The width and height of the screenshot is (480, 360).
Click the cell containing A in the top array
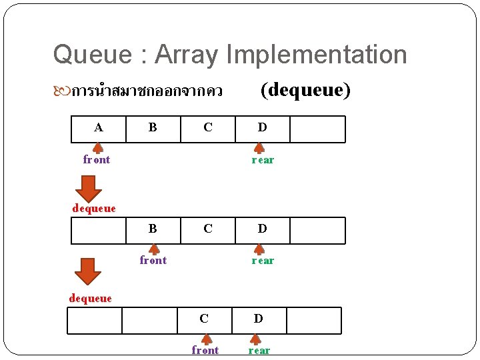tap(99, 129)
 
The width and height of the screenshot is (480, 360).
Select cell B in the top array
tap(153, 129)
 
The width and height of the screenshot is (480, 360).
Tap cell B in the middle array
tap(153, 230)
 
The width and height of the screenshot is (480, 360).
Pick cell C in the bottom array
tap(204, 320)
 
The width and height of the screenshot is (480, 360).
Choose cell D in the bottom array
tap(259, 320)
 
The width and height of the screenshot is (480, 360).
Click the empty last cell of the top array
tap(317, 129)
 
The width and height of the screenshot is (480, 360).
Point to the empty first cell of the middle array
tap(99, 230)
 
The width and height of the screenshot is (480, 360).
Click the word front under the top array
tap(97, 160)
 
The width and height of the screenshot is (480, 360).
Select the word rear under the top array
tap(263, 160)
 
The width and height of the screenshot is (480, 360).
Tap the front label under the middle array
tap(153, 261)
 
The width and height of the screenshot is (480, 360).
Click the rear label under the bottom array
tap(259, 351)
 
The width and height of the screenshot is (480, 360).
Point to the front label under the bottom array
tap(205, 351)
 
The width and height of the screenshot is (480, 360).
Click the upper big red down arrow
tap(89, 188)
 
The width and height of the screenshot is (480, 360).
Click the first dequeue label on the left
tap(94, 209)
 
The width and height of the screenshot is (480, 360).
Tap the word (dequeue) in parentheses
tap(305, 89)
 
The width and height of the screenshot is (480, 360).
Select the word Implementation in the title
tap(313, 54)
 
